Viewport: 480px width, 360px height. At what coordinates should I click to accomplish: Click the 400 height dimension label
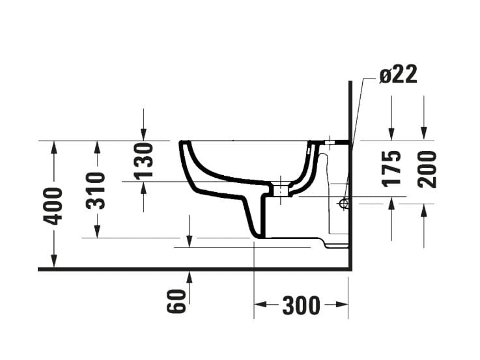(53, 205)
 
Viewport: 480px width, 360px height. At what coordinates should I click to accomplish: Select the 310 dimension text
(96, 189)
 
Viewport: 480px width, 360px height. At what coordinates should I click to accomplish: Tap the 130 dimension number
(143, 159)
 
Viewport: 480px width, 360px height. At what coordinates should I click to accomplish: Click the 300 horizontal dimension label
(301, 305)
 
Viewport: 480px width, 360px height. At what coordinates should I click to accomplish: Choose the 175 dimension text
(391, 168)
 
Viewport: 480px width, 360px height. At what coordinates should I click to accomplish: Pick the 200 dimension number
(427, 168)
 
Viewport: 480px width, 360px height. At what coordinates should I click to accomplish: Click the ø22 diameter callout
(398, 75)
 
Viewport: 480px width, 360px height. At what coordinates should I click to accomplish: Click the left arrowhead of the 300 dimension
(259, 304)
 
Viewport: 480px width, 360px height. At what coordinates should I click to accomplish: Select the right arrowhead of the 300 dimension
(343, 304)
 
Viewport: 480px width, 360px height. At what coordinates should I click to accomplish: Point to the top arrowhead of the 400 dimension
(53, 146)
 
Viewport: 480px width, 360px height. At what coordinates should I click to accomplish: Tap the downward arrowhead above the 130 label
(143, 134)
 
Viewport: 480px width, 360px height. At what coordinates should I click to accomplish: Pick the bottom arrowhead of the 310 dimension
(96, 232)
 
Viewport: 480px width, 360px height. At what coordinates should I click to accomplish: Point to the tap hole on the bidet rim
(330, 141)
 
